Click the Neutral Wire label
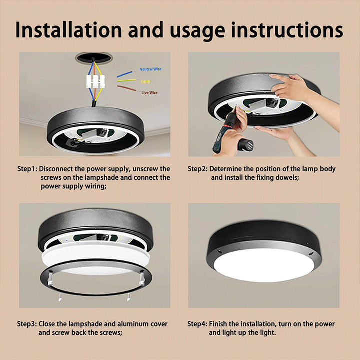tap(150, 69)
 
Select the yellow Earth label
tap(146, 81)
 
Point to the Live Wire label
tap(149, 93)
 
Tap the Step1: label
tap(27, 169)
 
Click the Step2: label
tap(198, 169)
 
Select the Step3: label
tap(27, 324)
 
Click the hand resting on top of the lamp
tap(290, 87)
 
